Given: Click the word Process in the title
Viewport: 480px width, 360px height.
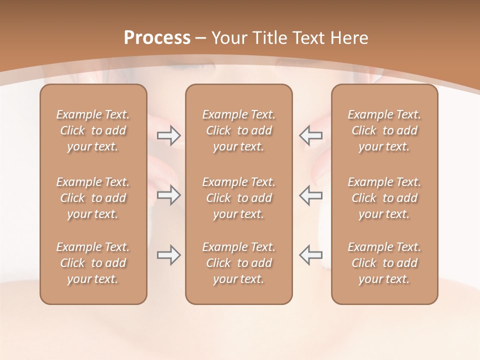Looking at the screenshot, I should (x=157, y=38).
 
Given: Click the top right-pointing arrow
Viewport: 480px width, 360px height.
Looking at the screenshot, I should (x=168, y=135).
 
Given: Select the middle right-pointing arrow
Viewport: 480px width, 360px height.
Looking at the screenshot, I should (x=168, y=195).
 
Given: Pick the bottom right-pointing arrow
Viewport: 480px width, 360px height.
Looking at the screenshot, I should (x=168, y=255).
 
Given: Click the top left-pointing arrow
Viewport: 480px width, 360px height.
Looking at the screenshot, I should (x=311, y=135).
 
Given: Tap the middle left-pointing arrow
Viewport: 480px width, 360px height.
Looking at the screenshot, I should (x=311, y=195).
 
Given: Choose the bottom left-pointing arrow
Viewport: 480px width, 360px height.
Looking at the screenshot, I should (x=311, y=255).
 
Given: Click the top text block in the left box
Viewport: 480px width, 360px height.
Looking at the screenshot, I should (x=93, y=130).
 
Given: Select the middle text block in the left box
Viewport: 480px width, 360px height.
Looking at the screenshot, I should (x=93, y=198).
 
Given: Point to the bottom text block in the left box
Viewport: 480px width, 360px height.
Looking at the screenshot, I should (x=93, y=263).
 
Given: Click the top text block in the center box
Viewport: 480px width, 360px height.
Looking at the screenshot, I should (x=239, y=130).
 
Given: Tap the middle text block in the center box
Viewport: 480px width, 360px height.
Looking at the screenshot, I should (x=239, y=198).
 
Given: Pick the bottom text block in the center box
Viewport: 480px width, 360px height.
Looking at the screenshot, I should (x=239, y=263).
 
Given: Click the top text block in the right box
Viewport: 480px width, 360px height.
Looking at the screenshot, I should (x=384, y=130).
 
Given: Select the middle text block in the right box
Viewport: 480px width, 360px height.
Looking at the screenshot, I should (x=384, y=198).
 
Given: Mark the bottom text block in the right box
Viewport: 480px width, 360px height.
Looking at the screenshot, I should (x=384, y=263).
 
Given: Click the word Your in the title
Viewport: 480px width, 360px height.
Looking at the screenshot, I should (x=229, y=38).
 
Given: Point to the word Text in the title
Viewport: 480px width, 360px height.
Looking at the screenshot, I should (x=307, y=38).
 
